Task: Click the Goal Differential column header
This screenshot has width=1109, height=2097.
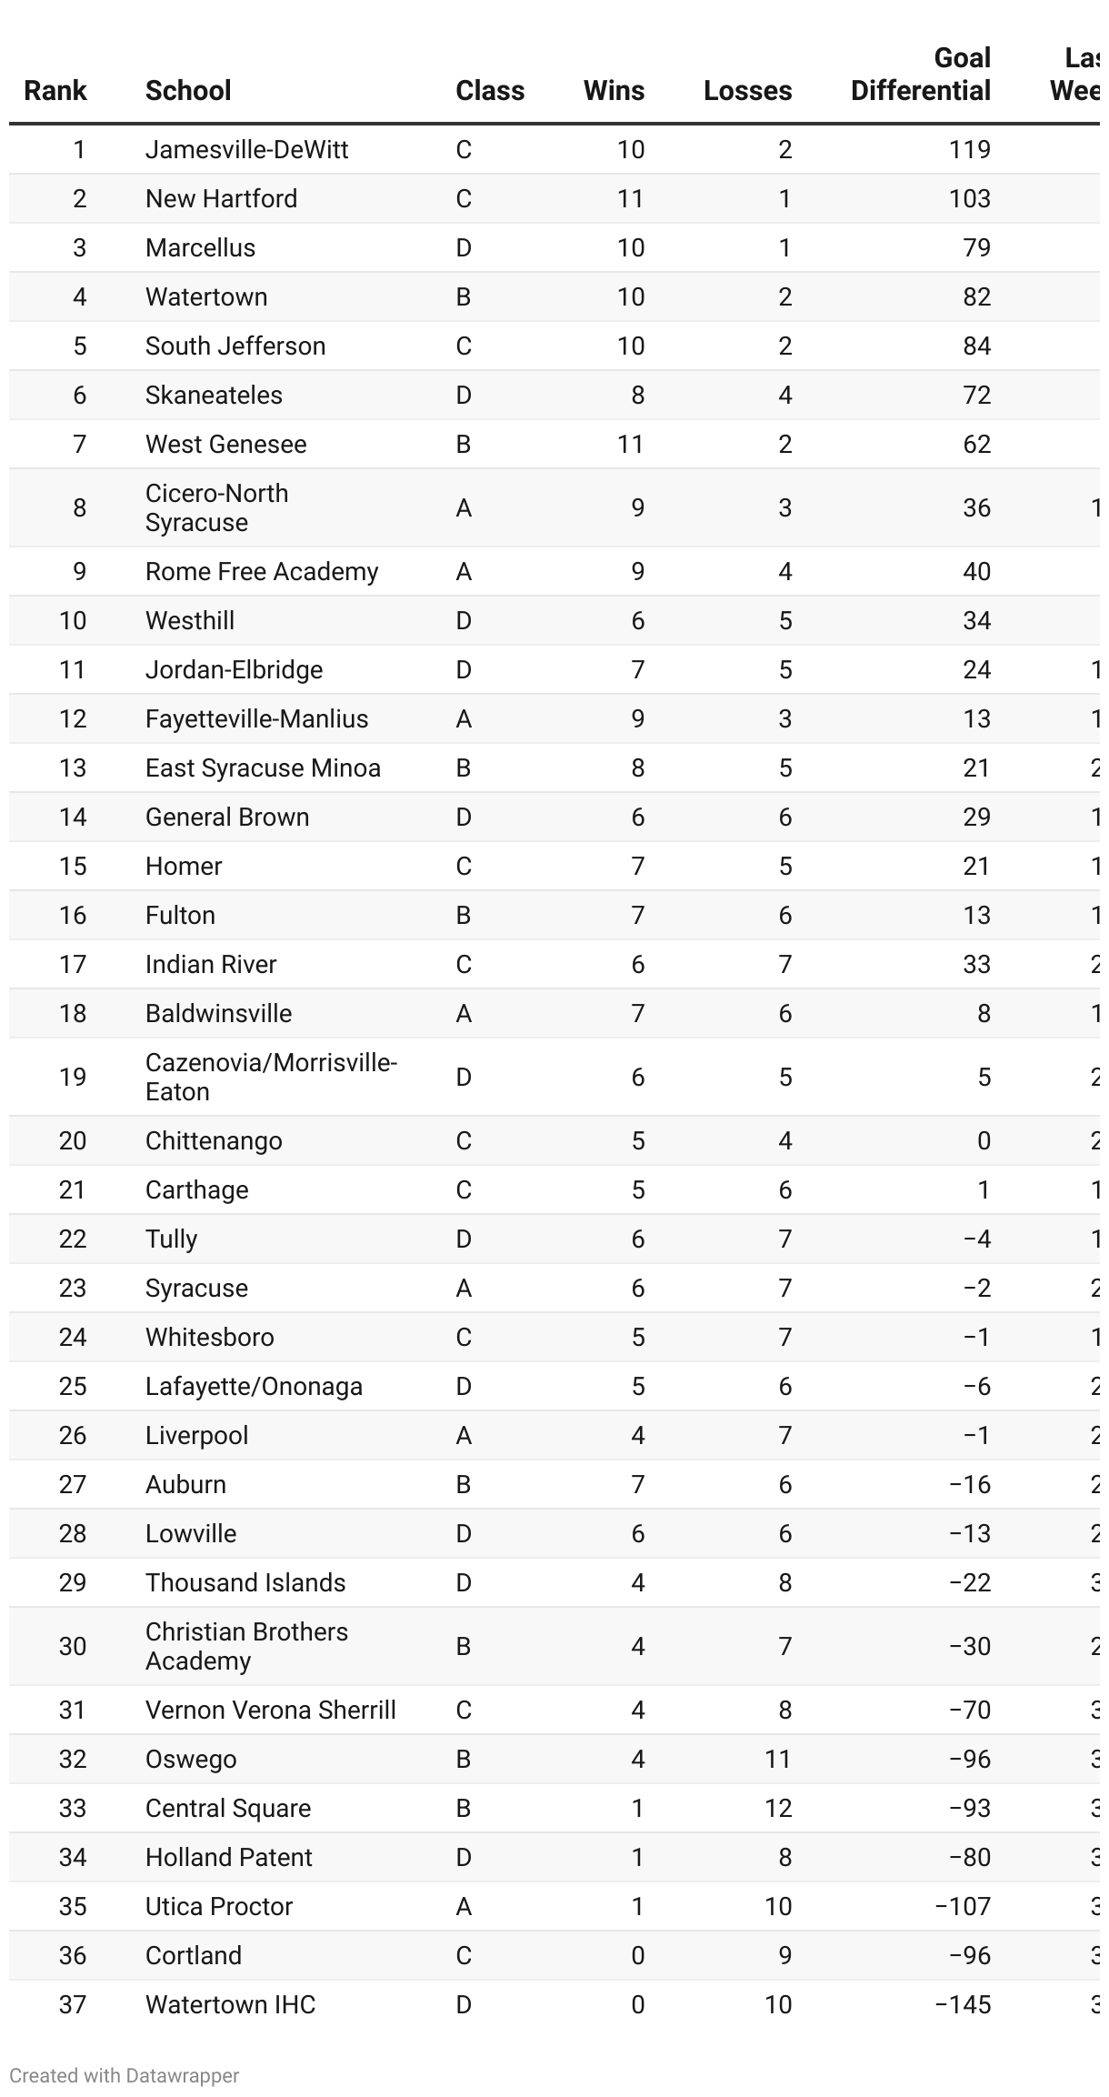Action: (x=920, y=75)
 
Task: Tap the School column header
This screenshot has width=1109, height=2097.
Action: (x=188, y=91)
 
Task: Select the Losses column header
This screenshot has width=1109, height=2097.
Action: (x=747, y=91)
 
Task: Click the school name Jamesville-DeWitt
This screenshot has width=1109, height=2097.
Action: (x=246, y=149)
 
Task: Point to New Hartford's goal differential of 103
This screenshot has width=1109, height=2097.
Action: (x=969, y=198)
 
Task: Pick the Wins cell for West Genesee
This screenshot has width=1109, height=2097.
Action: (x=630, y=444)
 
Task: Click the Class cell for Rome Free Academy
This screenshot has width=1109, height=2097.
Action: (x=464, y=571)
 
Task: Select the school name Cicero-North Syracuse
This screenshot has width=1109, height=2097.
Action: (x=216, y=507)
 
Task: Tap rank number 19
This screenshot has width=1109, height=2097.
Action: (x=73, y=1077)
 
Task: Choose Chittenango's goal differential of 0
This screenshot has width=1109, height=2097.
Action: (x=984, y=1140)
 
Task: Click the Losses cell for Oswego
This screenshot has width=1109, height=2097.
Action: (x=777, y=1759)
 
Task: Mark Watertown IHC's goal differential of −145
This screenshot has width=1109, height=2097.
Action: (x=963, y=2004)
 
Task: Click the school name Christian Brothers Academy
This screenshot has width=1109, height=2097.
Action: (x=246, y=1646)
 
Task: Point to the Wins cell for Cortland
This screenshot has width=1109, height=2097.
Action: (x=637, y=1955)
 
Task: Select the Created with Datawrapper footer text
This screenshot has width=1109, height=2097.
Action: (x=125, y=2075)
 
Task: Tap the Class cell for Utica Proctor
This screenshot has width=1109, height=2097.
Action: (x=464, y=1906)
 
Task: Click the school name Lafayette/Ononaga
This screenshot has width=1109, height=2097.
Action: (x=254, y=1386)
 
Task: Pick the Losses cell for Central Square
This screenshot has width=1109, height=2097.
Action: (x=777, y=1808)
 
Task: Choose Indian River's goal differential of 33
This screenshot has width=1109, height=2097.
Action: (x=976, y=964)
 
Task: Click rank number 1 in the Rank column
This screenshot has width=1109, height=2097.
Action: (x=79, y=149)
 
